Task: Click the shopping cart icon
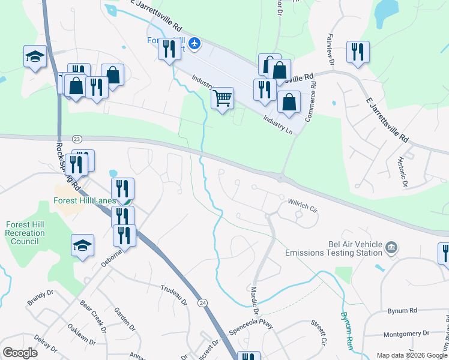[223, 98]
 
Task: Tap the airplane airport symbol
[194, 43]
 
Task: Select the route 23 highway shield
[76, 139]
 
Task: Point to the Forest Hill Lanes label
[83, 201]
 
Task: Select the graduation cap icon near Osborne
[83, 245]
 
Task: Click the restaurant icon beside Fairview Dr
[358, 52]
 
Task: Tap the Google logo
[20, 353]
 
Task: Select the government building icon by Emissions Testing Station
[391, 247]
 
